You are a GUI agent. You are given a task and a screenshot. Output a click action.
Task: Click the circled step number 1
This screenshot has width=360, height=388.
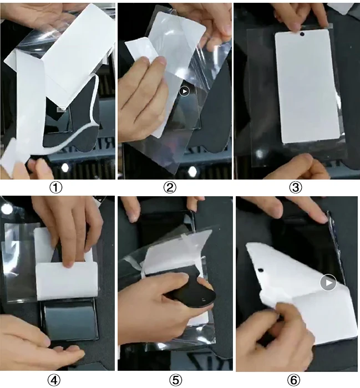[x=56, y=187]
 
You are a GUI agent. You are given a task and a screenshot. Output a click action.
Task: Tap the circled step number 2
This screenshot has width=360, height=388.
[x=170, y=187]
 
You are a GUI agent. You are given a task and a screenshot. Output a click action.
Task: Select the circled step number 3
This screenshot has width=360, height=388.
[x=296, y=187]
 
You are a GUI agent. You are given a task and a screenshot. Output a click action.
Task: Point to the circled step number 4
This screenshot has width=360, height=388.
[x=54, y=380]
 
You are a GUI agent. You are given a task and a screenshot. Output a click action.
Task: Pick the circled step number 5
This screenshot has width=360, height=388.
[x=175, y=380]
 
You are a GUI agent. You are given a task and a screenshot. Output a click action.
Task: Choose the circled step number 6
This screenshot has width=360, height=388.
[x=293, y=380]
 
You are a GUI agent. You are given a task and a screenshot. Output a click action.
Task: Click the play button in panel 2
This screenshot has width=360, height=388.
[x=184, y=91]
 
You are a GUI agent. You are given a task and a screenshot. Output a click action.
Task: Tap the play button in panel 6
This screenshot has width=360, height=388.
[x=328, y=282]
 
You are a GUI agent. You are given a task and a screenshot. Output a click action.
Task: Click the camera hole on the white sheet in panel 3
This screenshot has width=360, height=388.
[x=302, y=34]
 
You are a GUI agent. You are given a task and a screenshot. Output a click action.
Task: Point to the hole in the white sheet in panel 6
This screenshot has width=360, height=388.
[x=261, y=270]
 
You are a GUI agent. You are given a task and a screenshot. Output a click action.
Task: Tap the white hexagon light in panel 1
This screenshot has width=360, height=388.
[x=65, y=167]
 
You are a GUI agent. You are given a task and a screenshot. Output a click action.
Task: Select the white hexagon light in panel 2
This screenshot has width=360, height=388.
[x=192, y=171]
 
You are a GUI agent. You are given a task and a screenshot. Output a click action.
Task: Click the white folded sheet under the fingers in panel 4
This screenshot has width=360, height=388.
[x=67, y=281]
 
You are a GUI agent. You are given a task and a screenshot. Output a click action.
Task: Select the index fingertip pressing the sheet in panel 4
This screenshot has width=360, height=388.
[x=68, y=262]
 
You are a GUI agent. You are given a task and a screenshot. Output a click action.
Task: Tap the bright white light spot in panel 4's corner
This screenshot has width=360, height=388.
[x=7, y=209]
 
